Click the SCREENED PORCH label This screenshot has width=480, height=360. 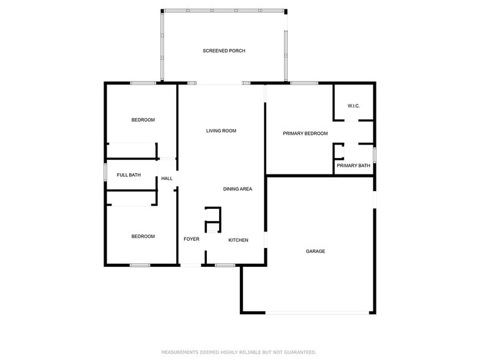[x=223, y=51]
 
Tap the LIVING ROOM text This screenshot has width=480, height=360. [x=221, y=131]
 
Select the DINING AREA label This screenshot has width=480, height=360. [x=238, y=189]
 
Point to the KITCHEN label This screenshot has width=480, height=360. [x=238, y=240]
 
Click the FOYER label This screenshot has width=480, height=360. [x=192, y=239]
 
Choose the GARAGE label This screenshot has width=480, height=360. [x=315, y=251]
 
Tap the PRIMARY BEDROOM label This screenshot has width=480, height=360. [x=305, y=133]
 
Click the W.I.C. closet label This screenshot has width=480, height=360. [x=353, y=106]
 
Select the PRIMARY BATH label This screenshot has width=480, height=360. [x=353, y=165]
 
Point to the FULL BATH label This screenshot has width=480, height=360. [x=129, y=175]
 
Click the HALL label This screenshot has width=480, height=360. [x=167, y=179]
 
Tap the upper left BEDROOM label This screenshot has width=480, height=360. [x=143, y=120]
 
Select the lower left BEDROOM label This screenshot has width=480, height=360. [x=143, y=236]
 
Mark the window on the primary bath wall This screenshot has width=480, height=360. [x=375, y=153]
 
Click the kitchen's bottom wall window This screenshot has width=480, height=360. [x=225, y=265]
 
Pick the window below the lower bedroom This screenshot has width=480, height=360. [x=140, y=265]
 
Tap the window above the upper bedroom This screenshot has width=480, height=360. [x=142, y=83]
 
